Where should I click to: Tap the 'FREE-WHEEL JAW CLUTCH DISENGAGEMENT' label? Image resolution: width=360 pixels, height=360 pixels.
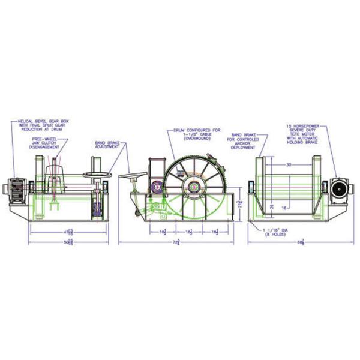(50, 143)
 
